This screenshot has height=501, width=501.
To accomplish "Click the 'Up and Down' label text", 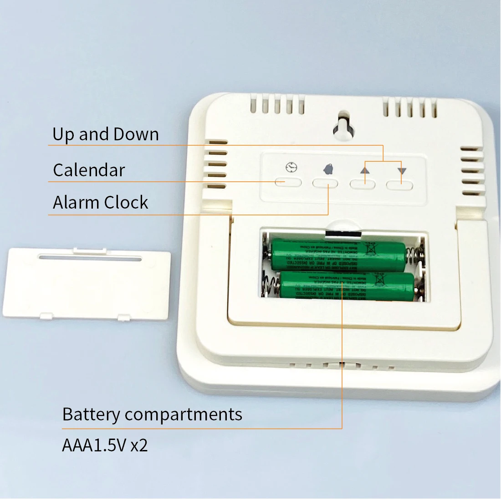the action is [x=106, y=134].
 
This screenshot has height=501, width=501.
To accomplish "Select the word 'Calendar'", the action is [x=89, y=170].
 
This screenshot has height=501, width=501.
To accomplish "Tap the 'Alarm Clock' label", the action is [x=101, y=202].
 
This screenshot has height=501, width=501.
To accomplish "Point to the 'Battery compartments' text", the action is [x=152, y=414].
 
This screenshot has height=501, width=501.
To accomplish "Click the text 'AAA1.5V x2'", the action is [x=105, y=445].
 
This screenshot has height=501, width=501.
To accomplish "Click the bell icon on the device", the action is [x=327, y=169].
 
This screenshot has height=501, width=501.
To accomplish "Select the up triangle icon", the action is [x=365, y=170].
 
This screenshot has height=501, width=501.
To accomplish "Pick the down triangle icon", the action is [x=401, y=171].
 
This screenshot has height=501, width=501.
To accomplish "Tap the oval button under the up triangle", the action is [x=362, y=184].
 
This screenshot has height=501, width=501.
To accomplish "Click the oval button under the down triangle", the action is [x=399, y=185].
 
